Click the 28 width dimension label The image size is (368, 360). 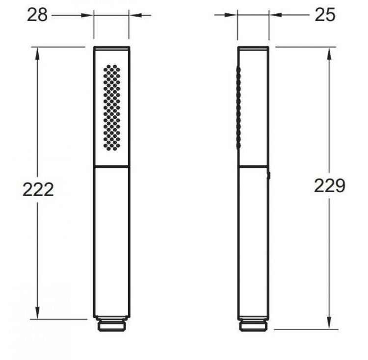[38, 15]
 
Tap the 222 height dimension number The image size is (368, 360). [38, 189]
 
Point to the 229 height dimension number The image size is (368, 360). [330, 186]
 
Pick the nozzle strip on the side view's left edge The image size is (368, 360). [239, 108]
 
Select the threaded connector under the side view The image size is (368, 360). [254, 325]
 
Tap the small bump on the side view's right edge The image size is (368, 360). [270, 175]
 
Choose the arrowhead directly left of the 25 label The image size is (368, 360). [273, 16]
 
